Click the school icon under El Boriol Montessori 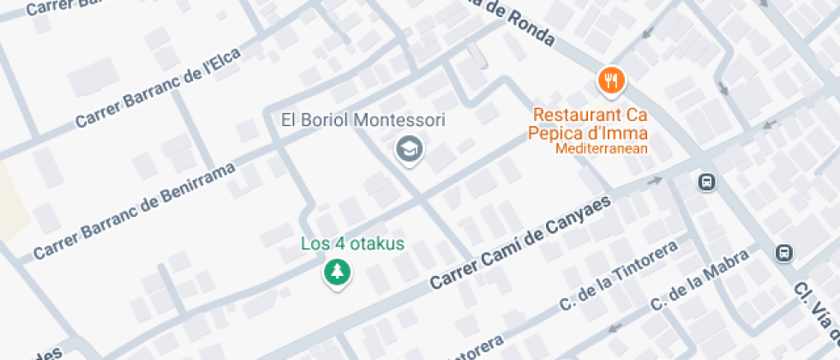[x=410, y=150]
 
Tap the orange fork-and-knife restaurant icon [x=611, y=81]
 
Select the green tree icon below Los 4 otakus [x=337, y=273]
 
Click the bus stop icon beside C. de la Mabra [x=783, y=253]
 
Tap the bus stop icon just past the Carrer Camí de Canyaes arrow [x=706, y=182]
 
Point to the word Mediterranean [x=601, y=149]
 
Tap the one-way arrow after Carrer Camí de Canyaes [x=656, y=181]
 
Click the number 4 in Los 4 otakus [x=339, y=243]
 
